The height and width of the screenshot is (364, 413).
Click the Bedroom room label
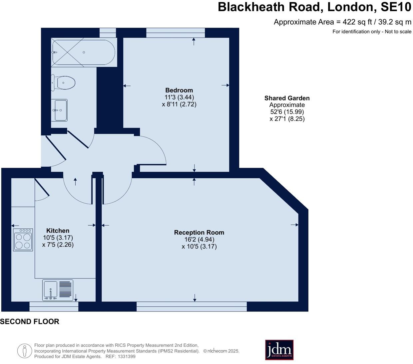pos(179,90)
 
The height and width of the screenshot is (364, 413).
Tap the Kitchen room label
pos(58,231)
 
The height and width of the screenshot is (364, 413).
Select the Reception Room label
pos(199,233)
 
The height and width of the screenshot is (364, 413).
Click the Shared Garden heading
pos(287,98)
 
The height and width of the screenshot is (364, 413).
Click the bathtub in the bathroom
pos(84,52)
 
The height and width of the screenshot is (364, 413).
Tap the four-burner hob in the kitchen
pos(23,240)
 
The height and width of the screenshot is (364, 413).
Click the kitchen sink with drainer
pos(58,290)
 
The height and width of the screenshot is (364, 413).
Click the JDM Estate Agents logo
pos(279,350)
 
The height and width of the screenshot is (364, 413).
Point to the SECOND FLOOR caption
pos(30,321)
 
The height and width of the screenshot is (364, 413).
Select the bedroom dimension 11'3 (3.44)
pos(179,97)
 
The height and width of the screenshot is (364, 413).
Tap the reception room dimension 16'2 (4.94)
pos(199,240)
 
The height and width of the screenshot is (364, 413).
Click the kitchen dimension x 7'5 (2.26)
pos(58,245)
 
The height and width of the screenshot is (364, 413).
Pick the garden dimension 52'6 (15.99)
pos(287,112)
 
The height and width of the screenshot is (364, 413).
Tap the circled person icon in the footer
pos(24,351)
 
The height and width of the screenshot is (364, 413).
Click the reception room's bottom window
pos(192,306)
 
